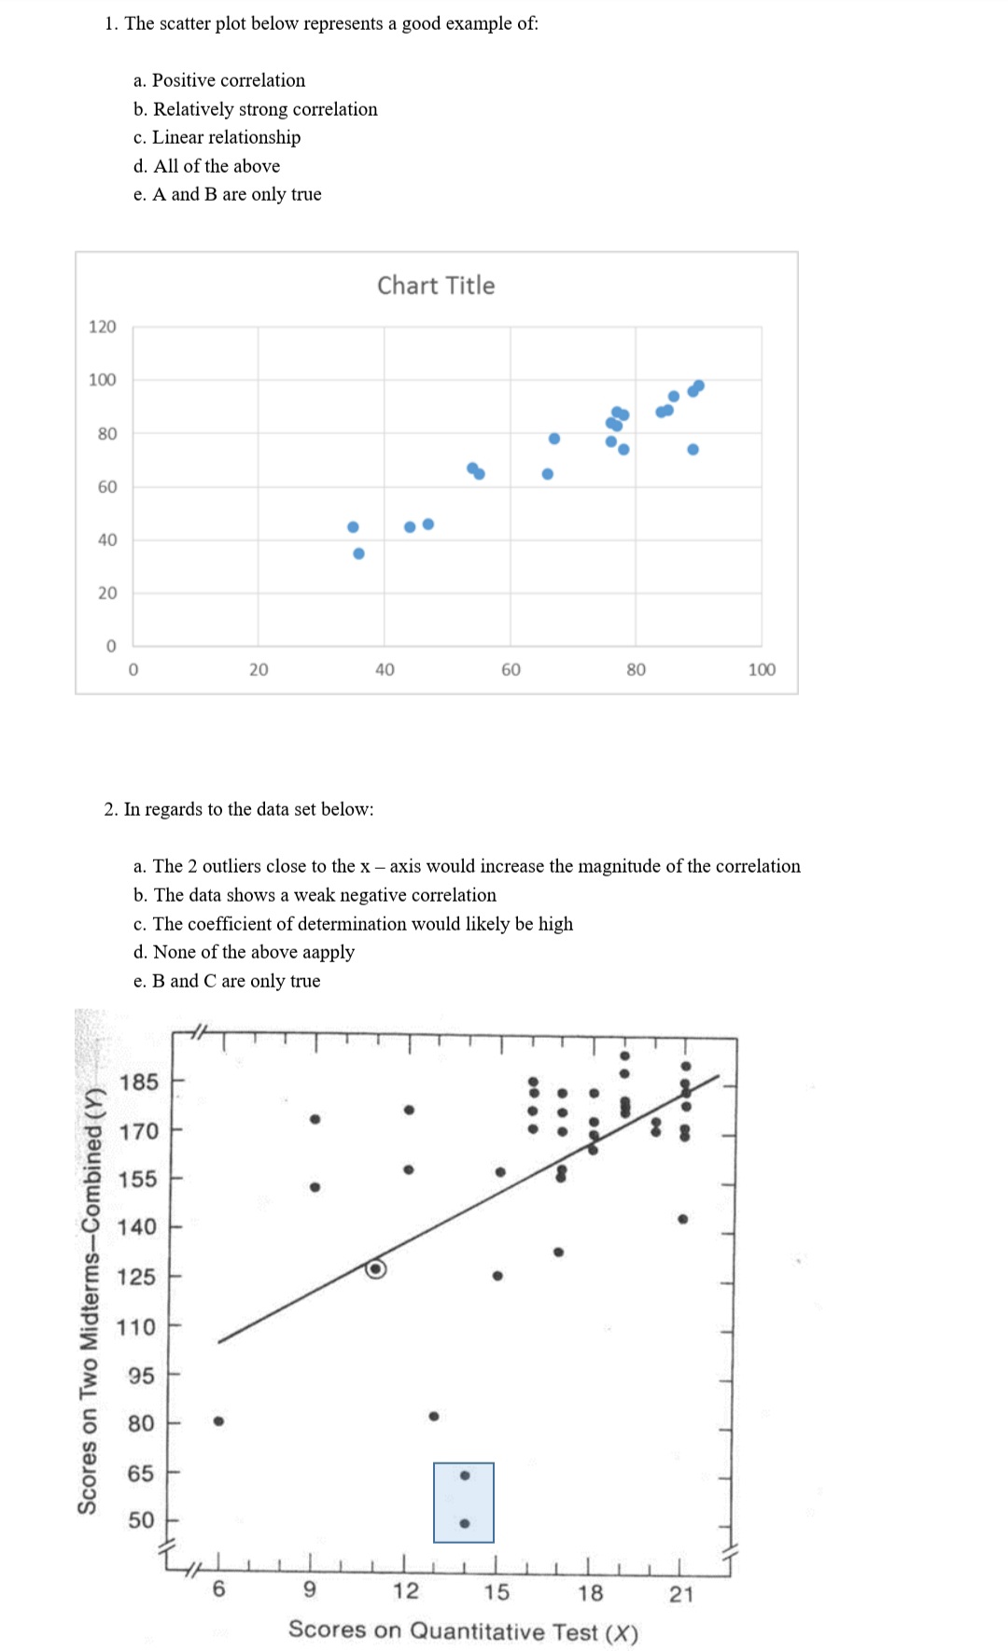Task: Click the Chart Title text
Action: pos(436,286)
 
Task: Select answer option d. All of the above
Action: pos(206,166)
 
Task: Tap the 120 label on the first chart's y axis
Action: pos(103,327)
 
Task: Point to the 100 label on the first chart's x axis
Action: pos(762,670)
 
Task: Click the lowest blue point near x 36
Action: pos(358,553)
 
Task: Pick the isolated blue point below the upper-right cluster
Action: pos(693,449)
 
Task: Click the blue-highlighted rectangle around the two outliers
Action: pos(464,1502)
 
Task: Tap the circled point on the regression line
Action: pos(376,1268)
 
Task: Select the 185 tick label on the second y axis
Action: pos(139,1083)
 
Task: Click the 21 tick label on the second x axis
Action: pos(681,1594)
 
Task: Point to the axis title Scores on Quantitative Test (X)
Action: pos(463,1630)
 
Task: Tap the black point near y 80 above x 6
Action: pos(218,1420)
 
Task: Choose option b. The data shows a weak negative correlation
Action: pos(315,895)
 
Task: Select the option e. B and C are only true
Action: pos(227,981)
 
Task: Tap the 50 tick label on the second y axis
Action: pos(142,1519)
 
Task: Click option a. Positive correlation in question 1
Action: pos(219,80)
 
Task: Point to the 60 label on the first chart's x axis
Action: pos(511,670)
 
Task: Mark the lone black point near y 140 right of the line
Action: pos(682,1219)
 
